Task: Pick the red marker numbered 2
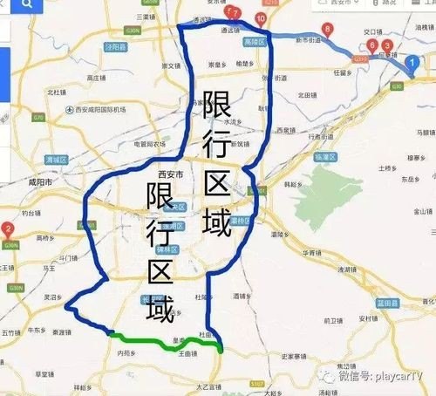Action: [x=8, y=229]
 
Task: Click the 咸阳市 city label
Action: [x=44, y=185]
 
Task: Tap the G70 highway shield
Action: [x=37, y=116]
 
